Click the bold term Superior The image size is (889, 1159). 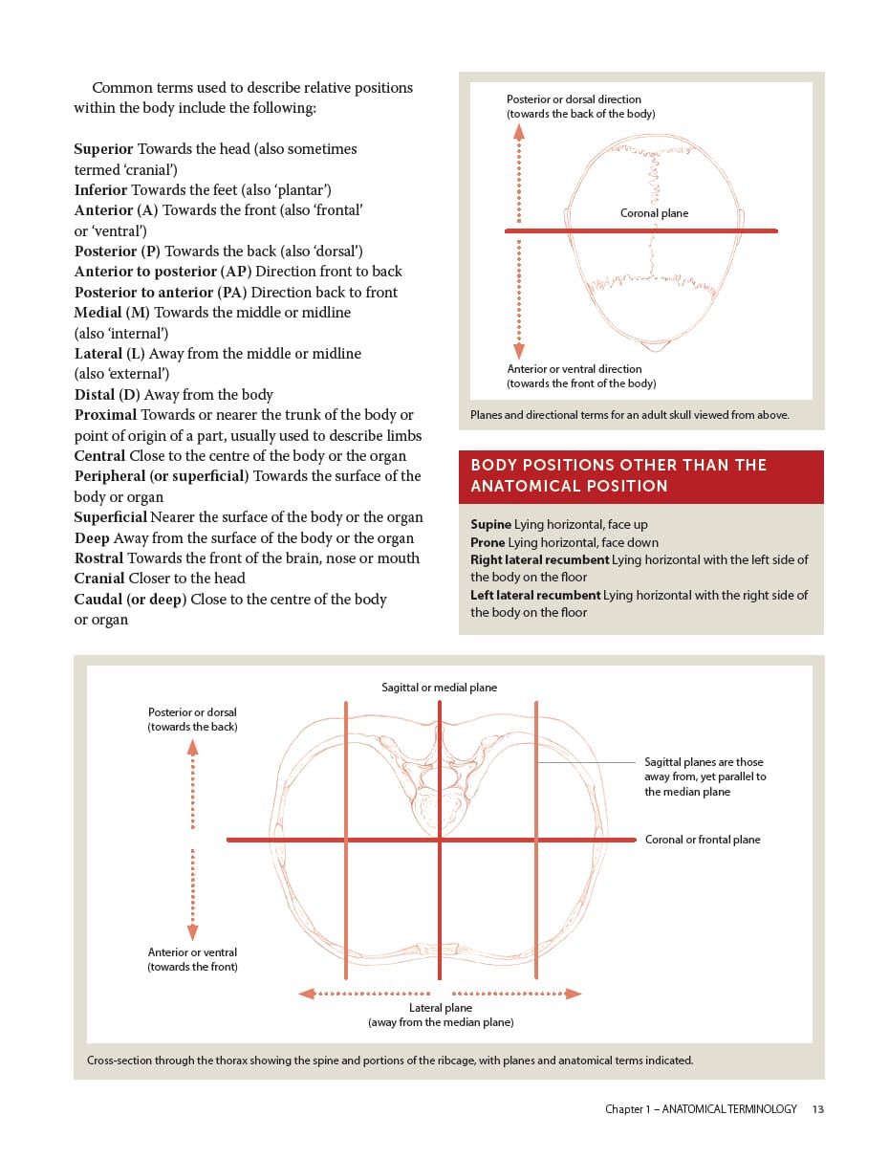pos(103,149)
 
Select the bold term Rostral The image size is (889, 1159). pos(98,558)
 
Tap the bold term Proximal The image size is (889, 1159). pos(105,415)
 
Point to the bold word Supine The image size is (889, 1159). pos(490,525)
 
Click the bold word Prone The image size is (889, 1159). pos(488,542)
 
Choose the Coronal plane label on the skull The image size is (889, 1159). pos(654,213)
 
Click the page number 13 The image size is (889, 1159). pos(817,1109)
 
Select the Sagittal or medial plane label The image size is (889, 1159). pos(439,688)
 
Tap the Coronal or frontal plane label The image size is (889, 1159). pos(703,840)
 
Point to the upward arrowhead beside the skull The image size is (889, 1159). pos(519,132)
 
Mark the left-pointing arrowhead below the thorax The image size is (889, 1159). pos(307,994)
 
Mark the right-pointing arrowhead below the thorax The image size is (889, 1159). pos(573,994)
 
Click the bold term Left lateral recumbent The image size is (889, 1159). pos(535,595)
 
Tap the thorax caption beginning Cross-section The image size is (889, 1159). pos(389,1061)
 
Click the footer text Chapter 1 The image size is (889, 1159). pos(701,1109)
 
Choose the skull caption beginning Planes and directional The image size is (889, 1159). pos(629,415)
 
